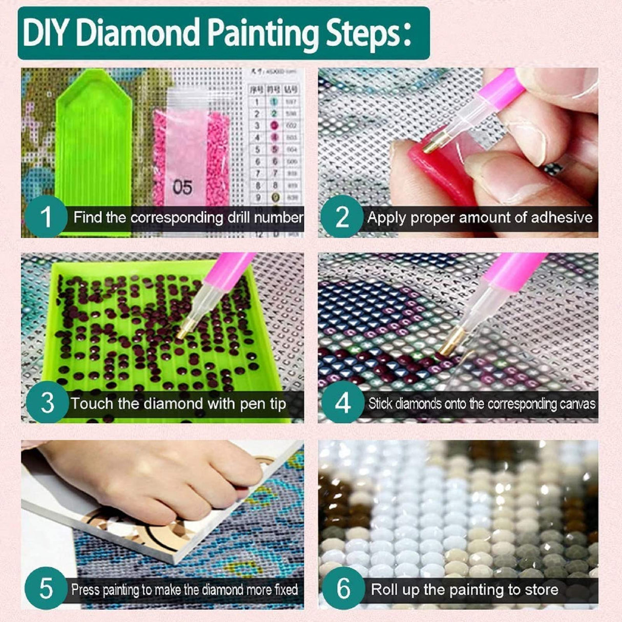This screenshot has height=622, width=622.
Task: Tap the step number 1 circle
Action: tap(46, 217)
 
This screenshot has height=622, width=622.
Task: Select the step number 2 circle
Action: tap(342, 217)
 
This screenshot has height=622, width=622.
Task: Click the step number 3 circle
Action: tap(47, 403)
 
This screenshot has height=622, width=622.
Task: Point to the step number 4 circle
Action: tap(342, 403)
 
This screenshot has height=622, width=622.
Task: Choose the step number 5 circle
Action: tap(46, 589)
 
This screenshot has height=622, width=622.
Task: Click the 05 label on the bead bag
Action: tap(182, 187)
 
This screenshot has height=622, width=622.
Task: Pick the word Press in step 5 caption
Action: tap(86, 590)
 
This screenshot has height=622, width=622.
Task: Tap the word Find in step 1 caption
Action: tap(88, 217)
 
